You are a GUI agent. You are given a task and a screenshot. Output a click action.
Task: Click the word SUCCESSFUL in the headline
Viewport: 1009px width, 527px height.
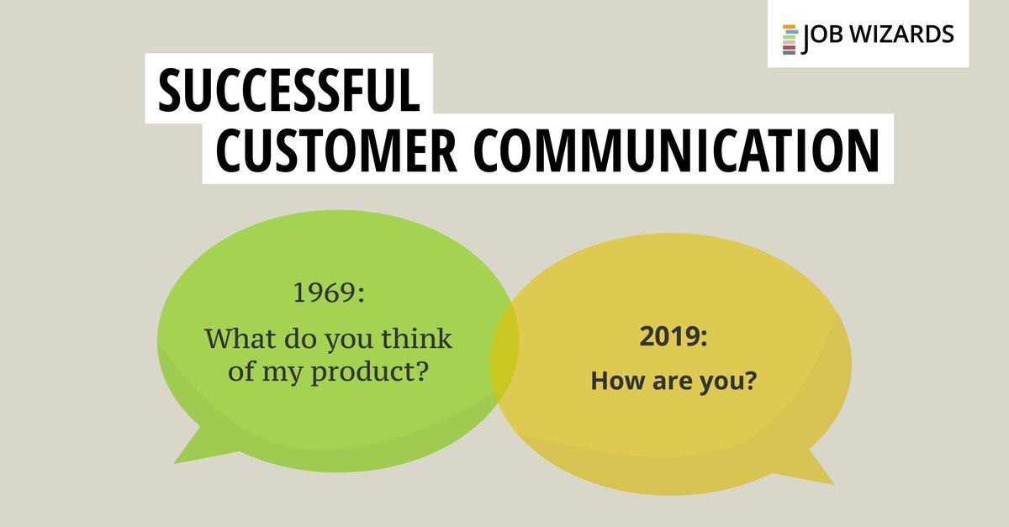pos(288,92)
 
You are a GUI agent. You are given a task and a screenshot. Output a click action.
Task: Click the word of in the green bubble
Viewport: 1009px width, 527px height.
pos(243,372)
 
